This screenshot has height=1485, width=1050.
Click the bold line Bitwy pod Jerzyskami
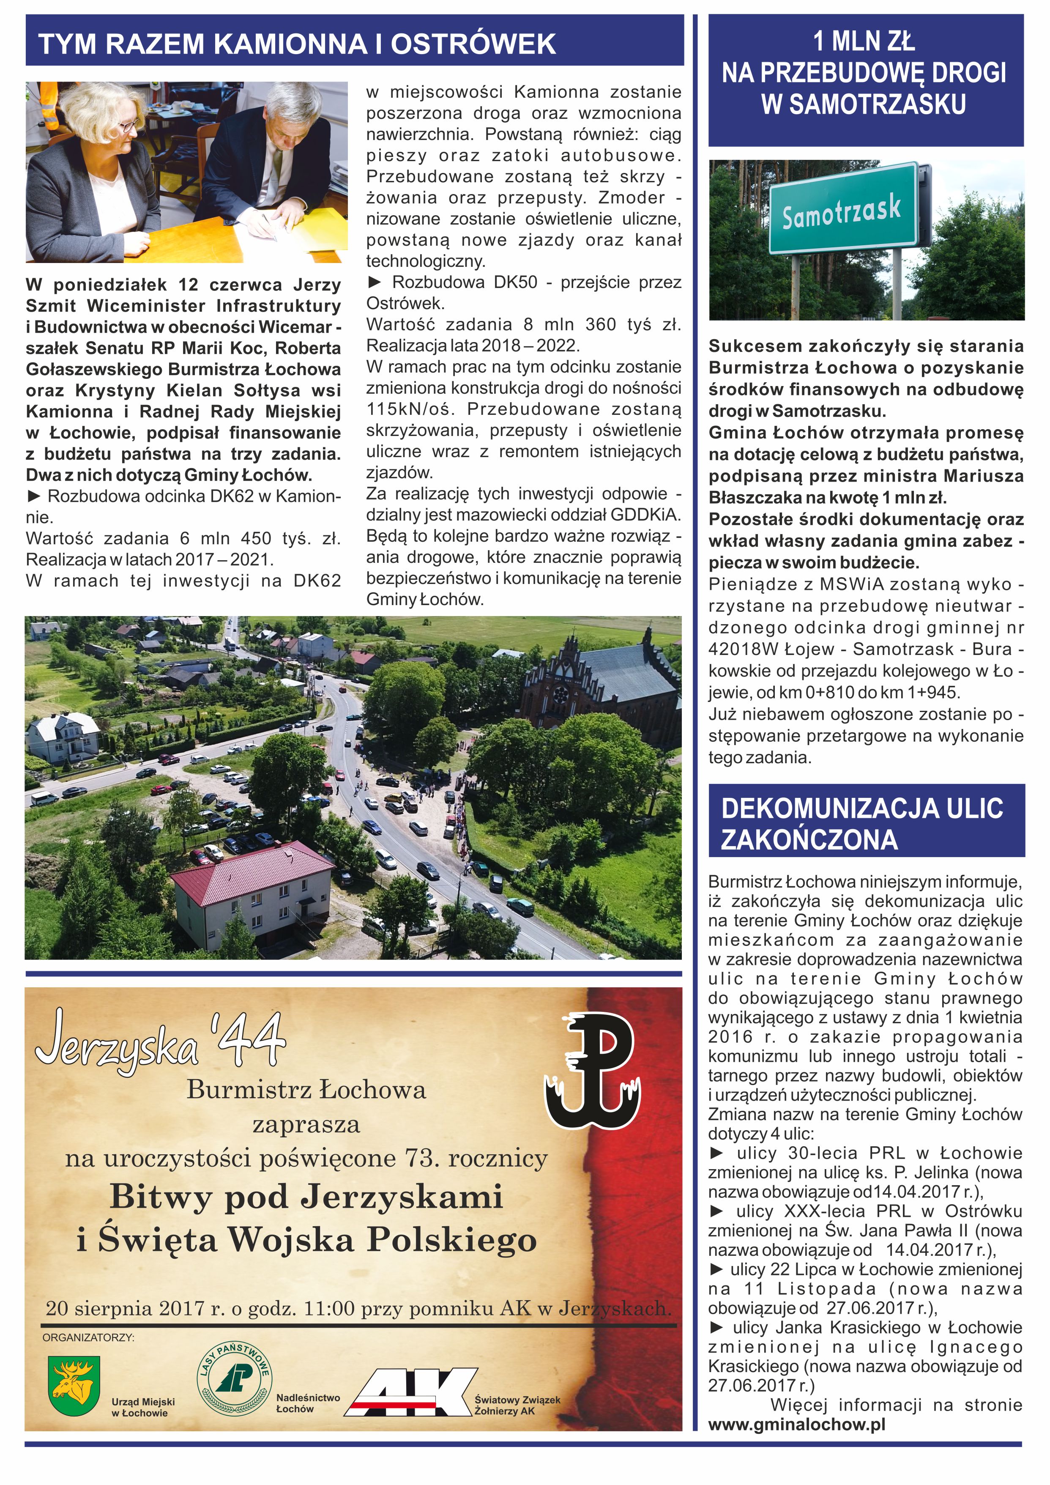[306, 1197]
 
